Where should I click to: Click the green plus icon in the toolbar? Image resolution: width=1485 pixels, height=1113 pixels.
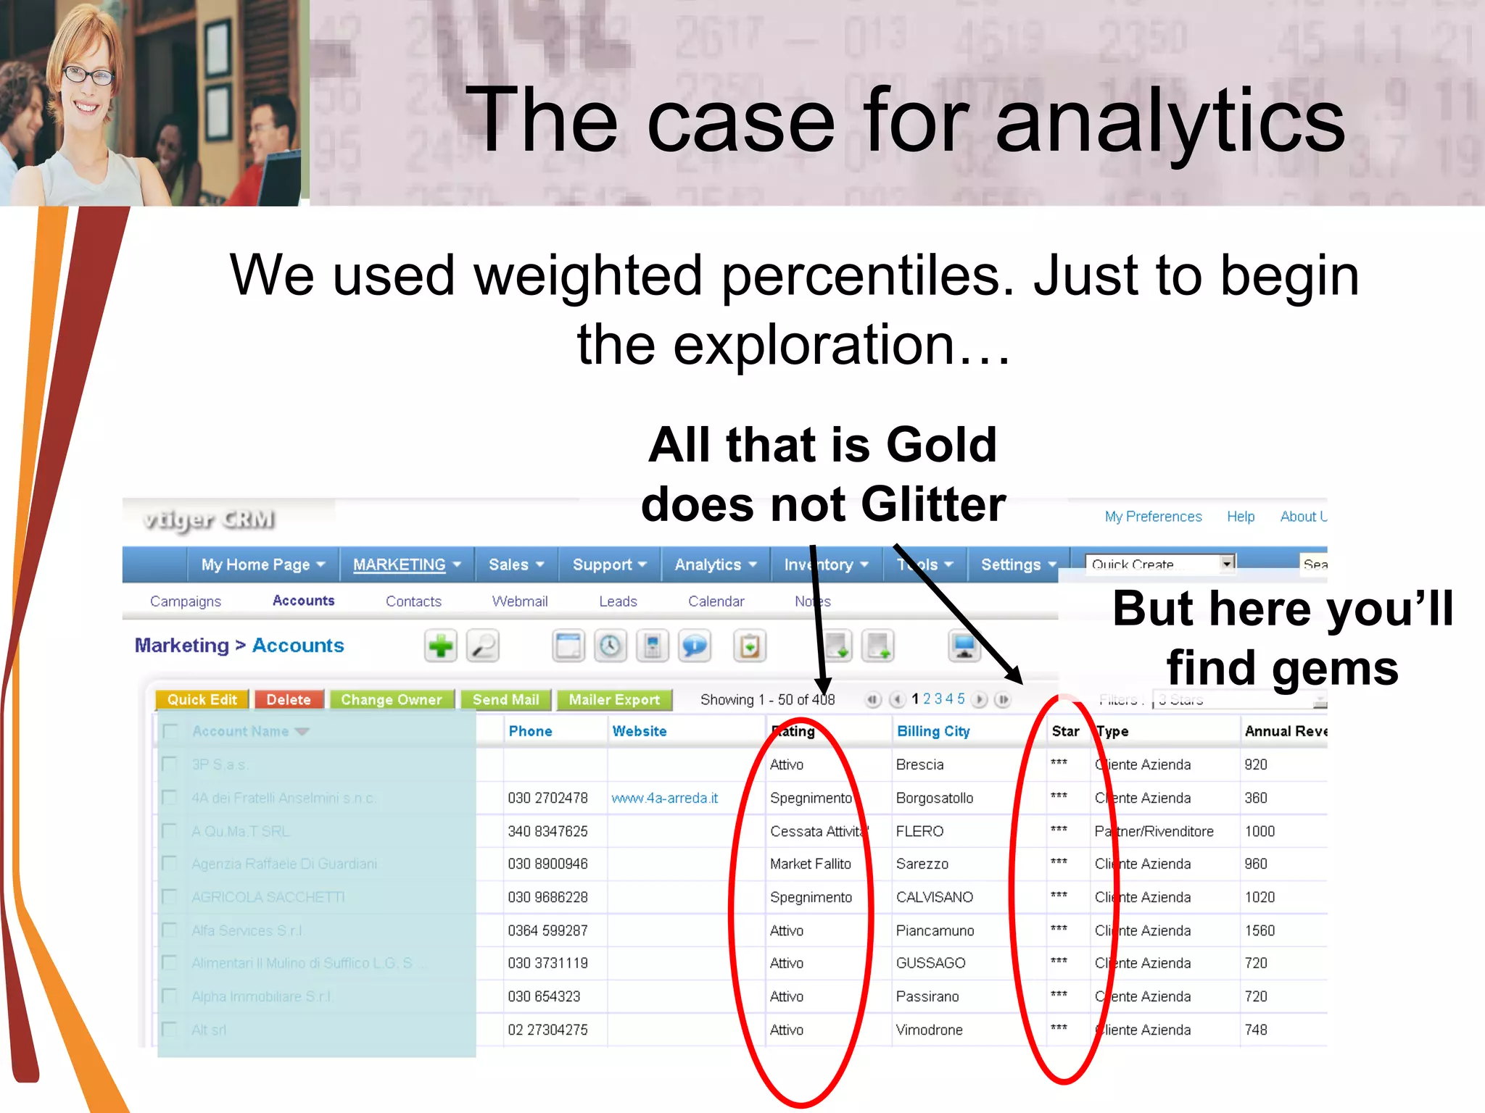coord(440,646)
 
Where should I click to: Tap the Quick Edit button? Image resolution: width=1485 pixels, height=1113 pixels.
coord(202,699)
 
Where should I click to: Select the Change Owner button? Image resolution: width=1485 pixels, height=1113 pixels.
coord(392,699)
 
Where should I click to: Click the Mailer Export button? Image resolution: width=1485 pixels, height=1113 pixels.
coord(614,699)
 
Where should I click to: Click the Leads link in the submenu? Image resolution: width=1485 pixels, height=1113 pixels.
coord(618,601)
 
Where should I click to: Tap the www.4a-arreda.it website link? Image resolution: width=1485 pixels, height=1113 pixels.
coord(664,798)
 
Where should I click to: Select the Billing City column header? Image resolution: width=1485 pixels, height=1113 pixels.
coord(933,731)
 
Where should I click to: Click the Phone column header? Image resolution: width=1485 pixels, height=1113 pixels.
coord(530,731)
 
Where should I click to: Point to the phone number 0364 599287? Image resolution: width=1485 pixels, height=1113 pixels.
coord(547,930)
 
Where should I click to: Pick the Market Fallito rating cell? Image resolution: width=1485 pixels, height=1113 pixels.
coord(811,864)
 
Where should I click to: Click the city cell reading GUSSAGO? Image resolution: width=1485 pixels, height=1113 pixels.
coord(930,963)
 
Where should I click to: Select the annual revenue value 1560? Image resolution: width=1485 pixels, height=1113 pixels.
coord(1259,930)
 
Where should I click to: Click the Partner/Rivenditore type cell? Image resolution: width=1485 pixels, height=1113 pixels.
coord(1154,831)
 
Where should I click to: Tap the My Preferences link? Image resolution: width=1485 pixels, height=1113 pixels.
coord(1153,517)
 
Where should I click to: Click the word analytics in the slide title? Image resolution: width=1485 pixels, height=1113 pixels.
coord(1170,121)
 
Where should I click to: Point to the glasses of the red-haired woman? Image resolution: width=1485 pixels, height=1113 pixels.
coord(88,74)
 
